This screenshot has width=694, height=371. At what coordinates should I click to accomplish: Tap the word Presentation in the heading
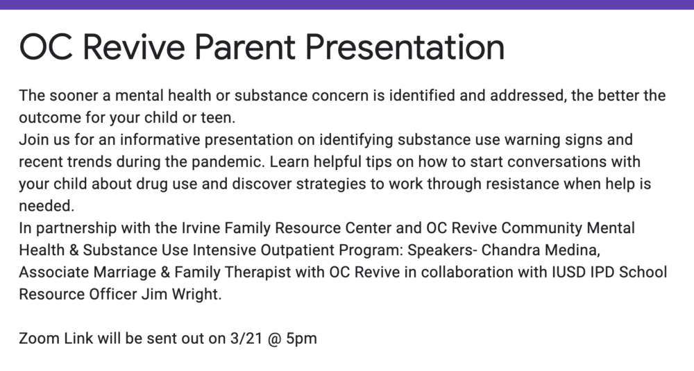[x=405, y=47]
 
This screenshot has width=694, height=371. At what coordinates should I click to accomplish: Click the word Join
[x=33, y=140]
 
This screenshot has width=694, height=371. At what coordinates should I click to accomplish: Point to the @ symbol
[x=276, y=339]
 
